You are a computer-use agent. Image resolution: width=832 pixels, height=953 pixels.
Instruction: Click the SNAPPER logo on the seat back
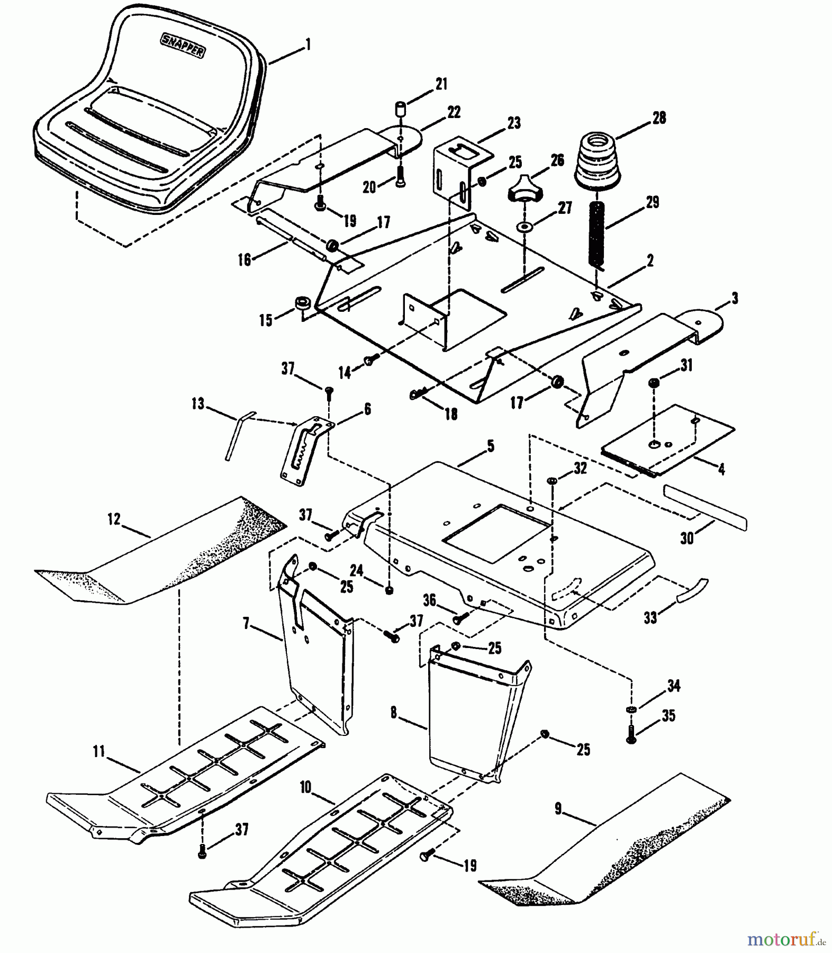(183, 44)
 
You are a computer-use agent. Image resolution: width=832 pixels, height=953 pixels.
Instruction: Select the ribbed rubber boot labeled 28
(597, 160)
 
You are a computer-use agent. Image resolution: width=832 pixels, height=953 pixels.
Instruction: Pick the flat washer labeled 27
(524, 227)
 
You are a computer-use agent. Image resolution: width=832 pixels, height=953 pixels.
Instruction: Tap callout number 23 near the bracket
(513, 123)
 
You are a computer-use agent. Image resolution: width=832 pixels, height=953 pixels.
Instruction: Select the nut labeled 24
(389, 590)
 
